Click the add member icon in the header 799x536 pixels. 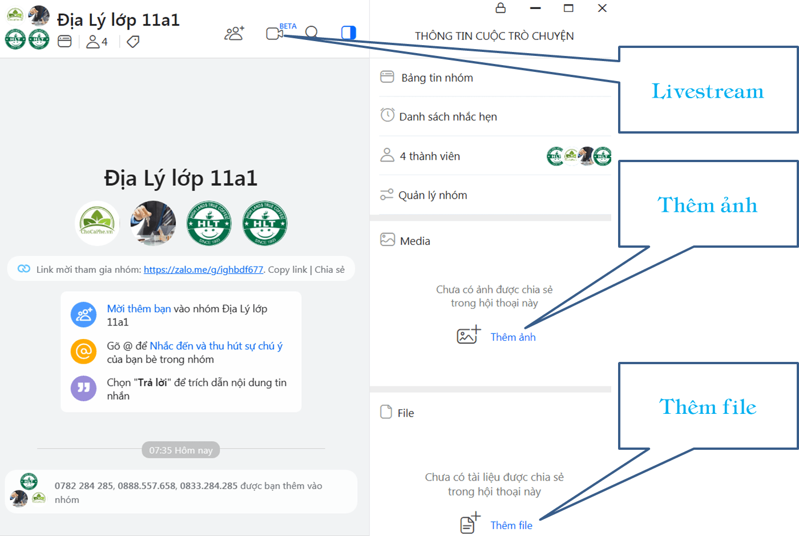click(235, 33)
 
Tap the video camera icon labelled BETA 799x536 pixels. click(275, 34)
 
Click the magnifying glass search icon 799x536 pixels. click(312, 33)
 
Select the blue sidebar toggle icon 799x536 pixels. click(349, 33)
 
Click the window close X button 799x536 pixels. click(602, 8)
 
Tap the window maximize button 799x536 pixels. click(568, 8)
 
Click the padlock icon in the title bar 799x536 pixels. click(501, 7)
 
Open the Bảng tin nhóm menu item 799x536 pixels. click(437, 78)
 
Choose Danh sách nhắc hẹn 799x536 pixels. click(448, 116)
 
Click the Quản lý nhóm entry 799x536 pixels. click(433, 195)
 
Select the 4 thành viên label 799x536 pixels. click(430, 156)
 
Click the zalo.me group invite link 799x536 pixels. click(203, 269)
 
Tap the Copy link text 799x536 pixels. click(288, 269)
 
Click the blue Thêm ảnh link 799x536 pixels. click(513, 337)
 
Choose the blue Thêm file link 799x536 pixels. click(511, 525)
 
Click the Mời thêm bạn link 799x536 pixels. click(139, 309)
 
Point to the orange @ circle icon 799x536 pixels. click(83, 352)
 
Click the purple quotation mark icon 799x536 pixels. click(83, 388)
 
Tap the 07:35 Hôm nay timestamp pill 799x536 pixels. click(181, 450)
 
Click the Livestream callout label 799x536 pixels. click(708, 91)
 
